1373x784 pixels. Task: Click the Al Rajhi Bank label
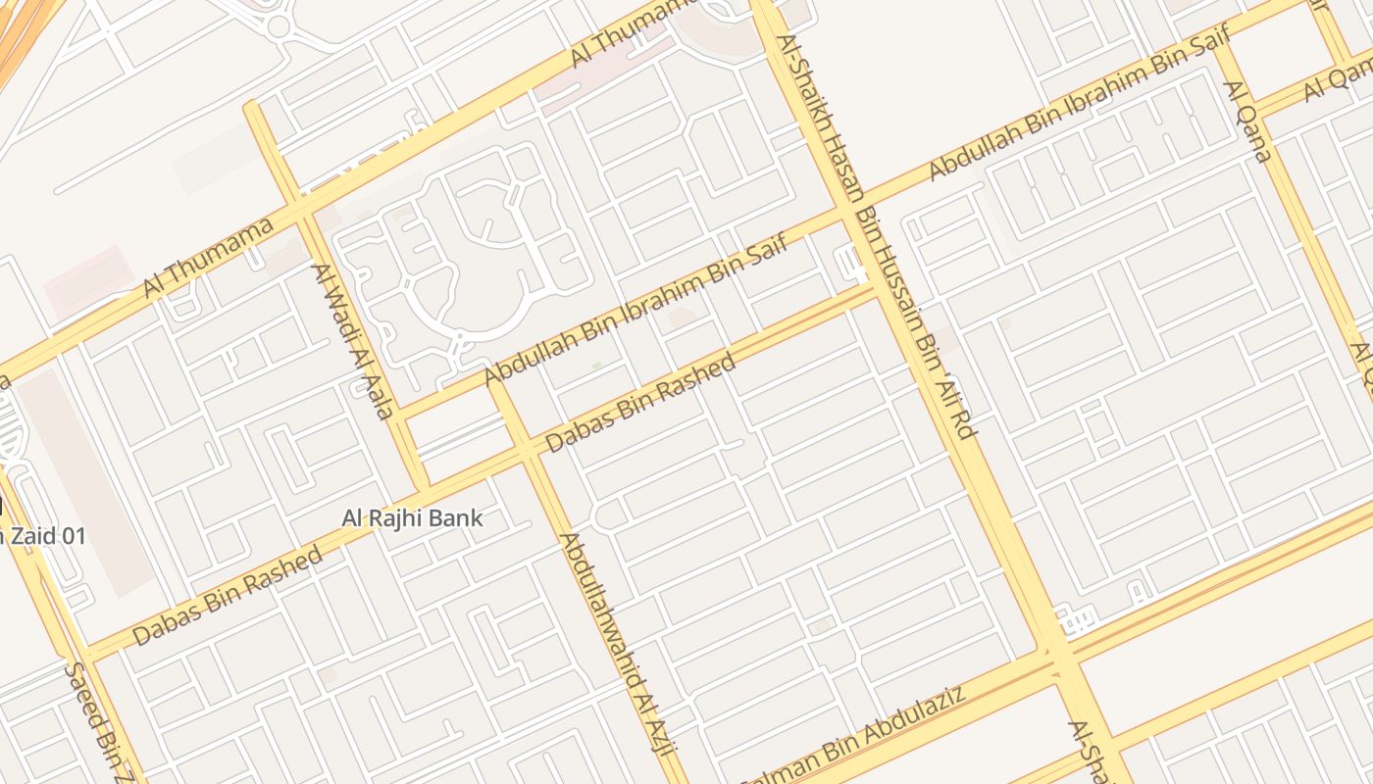coord(413,517)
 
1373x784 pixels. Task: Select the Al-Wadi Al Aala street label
coord(353,340)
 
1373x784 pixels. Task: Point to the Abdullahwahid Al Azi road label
coord(618,644)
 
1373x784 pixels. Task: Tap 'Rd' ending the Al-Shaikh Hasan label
coord(963,424)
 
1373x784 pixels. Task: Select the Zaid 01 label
coord(44,536)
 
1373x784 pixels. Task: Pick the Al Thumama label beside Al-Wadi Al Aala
coord(208,257)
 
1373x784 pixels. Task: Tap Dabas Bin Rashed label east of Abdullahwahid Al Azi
coord(639,403)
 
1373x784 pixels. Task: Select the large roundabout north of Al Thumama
coord(279,24)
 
